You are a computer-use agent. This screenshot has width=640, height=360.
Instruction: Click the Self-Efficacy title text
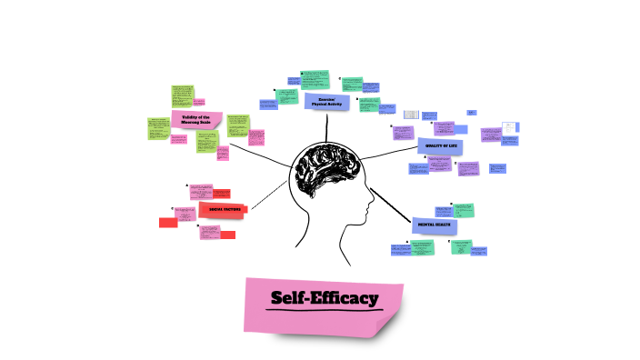pos(324,297)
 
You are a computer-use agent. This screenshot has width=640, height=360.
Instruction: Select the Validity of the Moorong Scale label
pos(195,119)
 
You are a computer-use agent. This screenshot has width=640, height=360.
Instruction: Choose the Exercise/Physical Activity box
pos(325,102)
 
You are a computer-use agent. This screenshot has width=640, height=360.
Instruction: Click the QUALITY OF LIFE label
pos(440,145)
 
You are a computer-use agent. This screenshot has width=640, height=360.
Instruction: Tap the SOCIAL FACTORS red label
pos(224,210)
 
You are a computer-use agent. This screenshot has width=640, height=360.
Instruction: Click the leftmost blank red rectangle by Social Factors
pos(167,223)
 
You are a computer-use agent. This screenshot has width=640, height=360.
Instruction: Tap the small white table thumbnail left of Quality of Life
pos(411,115)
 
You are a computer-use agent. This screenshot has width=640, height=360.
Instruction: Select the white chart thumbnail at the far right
pos(510,127)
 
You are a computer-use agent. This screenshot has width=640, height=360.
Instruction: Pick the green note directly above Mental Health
pos(464,209)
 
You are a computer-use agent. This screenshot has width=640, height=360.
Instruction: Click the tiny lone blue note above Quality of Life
pos(472,113)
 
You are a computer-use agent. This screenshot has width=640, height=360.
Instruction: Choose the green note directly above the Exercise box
pos(315,79)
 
